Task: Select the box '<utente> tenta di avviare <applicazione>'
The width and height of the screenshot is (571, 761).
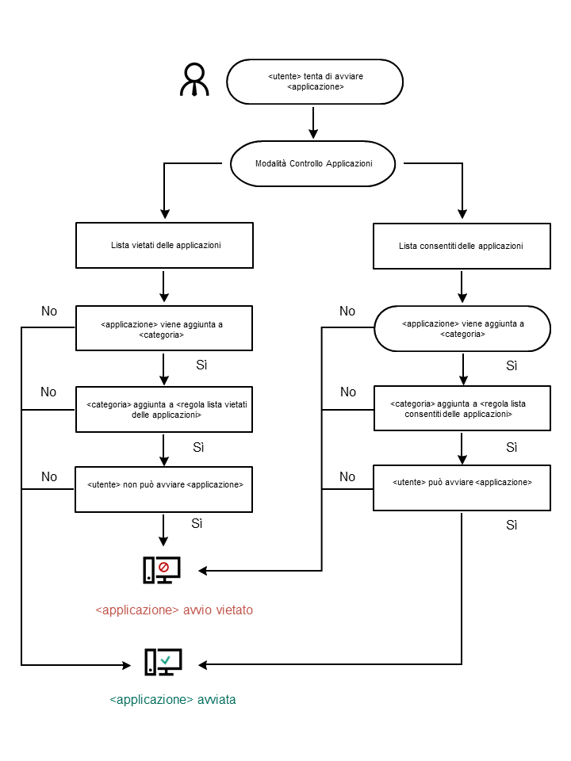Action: (x=315, y=82)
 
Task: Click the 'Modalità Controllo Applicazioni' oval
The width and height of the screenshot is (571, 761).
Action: (x=313, y=163)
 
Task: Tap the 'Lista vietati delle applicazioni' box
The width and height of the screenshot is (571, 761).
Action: (x=164, y=245)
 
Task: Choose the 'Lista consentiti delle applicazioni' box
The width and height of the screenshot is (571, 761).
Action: (x=461, y=246)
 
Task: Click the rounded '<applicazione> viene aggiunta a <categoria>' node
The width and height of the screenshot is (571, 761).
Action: (x=462, y=328)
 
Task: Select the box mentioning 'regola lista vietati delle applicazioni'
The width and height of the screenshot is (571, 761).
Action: (x=164, y=409)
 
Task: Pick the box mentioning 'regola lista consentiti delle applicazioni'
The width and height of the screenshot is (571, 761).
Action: (x=462, y=409)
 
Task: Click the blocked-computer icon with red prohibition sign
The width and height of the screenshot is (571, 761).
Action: (x=162, y=571)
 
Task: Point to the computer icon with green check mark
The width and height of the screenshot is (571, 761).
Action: (x=163, y=662)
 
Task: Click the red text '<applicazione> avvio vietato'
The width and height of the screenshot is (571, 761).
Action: (x=174, y=610)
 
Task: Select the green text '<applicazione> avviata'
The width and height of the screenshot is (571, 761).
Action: (x=172, y=700)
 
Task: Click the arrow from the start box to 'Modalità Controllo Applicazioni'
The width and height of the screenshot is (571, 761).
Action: (x=314, y=123)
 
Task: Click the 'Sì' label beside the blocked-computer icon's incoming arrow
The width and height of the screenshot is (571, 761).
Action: (x=197, y=524)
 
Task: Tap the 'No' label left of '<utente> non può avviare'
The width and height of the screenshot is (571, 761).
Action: (x=49, y=476)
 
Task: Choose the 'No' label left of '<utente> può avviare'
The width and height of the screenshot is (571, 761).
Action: (x=347, y=476)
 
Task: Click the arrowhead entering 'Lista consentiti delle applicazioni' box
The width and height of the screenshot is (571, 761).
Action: (x=462, y=214)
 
